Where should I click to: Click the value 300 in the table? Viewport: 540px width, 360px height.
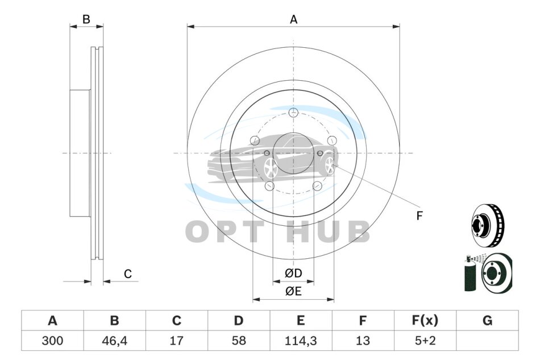52,341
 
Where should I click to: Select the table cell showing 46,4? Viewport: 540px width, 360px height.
114,341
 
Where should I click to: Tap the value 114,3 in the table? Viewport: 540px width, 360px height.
301,341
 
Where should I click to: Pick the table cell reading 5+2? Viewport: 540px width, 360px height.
425,341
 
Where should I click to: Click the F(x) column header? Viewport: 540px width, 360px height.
425,320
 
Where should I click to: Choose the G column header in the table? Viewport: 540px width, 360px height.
487,320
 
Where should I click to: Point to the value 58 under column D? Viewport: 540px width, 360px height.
239,341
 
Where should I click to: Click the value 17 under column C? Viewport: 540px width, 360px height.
176,341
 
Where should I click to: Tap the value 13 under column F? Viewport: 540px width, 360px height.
363,341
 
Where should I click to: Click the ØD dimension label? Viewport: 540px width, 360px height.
293,273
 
